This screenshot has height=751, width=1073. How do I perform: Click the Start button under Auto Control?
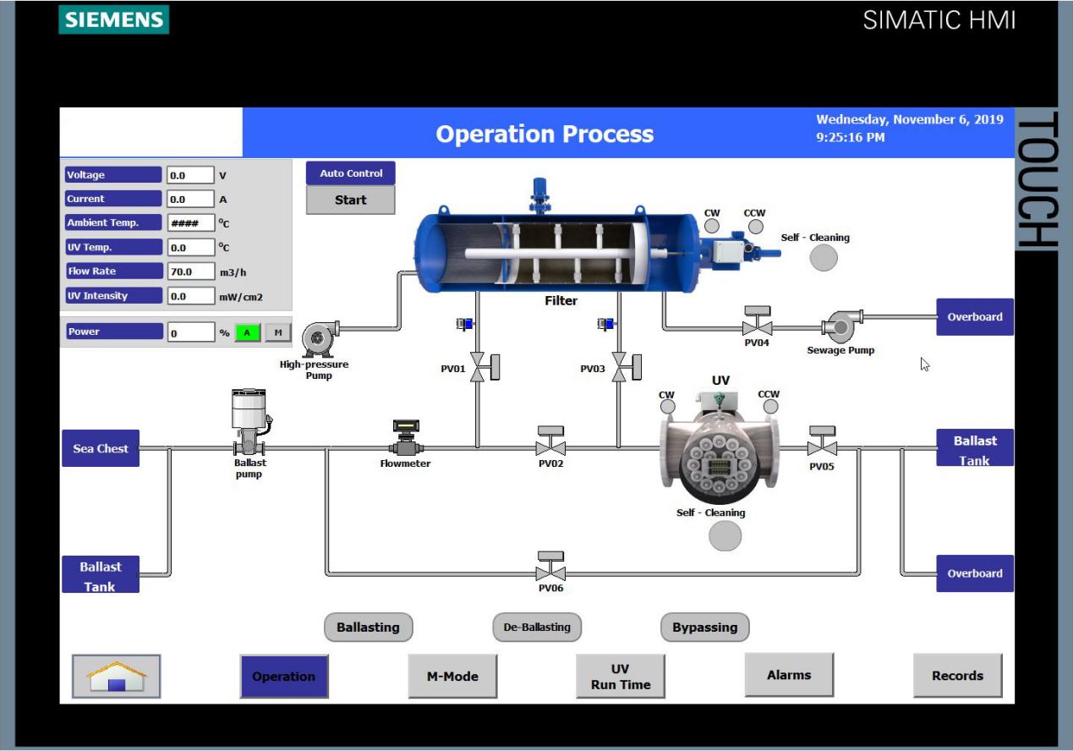(x=350, y=200)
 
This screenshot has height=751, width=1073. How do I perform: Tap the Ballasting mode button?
(x=368, y=628)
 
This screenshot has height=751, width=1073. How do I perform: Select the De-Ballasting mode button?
(x=537, y=628)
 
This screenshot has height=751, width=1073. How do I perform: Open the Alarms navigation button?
(x=789, y=675)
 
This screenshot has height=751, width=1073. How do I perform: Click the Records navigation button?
(x=957, y=676)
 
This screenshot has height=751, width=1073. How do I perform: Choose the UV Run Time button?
(x=620, y=677)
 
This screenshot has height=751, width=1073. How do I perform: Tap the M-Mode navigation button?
(x=452, y=677)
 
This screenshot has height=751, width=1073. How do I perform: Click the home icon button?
(x=116, y=677)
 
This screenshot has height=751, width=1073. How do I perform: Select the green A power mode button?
(x=247, y=332)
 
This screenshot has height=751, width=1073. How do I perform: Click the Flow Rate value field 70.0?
(x=190, y=271)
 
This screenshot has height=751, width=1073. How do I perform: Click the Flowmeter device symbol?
(x=406, y=441)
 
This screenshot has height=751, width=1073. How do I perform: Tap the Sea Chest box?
(x=101, y=448)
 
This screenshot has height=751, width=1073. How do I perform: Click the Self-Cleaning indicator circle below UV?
(x=725, y=536)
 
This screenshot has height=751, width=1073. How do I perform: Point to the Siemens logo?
(x=113, y=19)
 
